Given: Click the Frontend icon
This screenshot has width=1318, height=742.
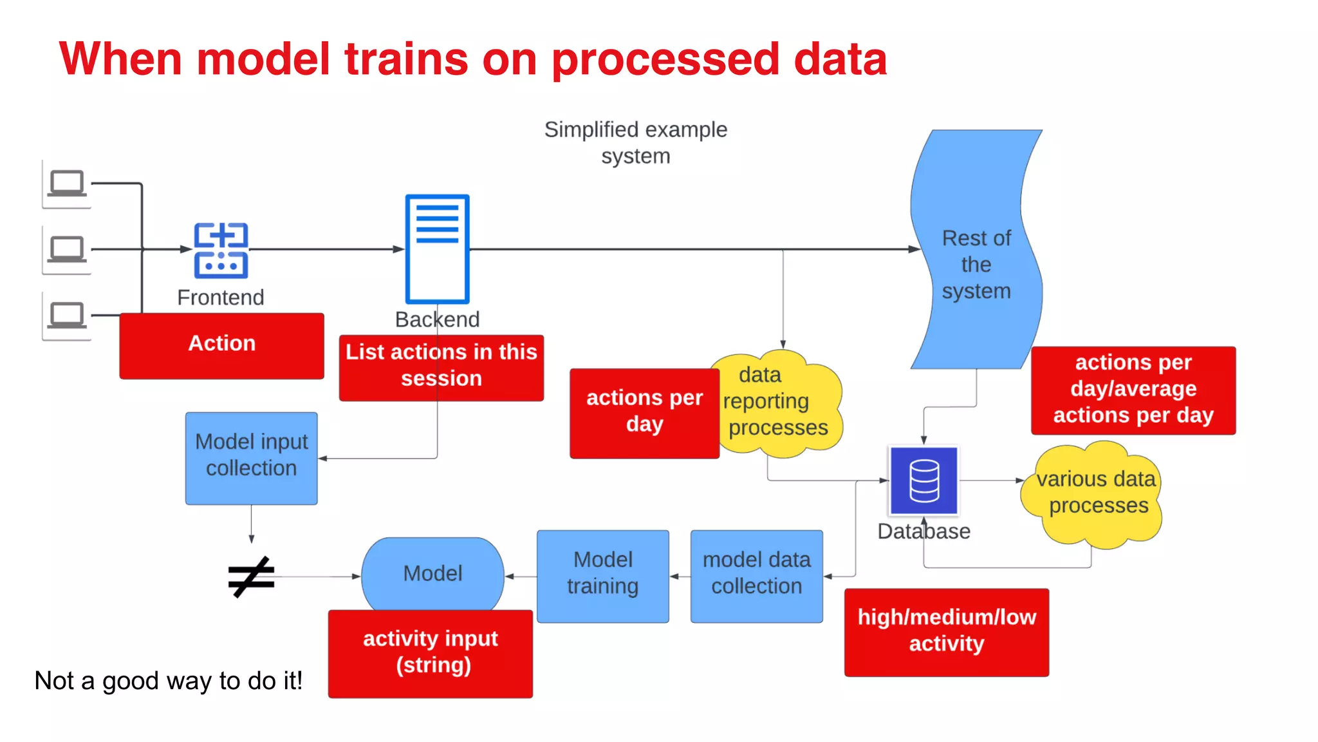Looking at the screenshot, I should [x=221, y=250].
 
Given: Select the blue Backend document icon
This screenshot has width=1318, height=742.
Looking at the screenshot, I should [x=437, y=249].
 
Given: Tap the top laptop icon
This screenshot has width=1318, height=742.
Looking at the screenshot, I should [x=67, y=184].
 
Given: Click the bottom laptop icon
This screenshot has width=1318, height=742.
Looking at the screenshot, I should [x=67, y=316].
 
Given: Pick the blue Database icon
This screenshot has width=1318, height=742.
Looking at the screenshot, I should [x=924, y=480].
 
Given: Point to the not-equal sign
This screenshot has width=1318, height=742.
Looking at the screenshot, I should [x=251, y=576].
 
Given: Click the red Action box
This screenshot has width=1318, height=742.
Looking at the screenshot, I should [x=221, y=346].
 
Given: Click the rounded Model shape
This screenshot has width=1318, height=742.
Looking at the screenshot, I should [x=432, y=573].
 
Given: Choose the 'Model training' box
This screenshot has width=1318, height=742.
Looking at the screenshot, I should [x=602, y=576].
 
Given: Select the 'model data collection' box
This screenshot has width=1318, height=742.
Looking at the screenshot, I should [x=756, y=576].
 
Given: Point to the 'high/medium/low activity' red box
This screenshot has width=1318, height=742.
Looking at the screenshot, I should [x=946, y=632].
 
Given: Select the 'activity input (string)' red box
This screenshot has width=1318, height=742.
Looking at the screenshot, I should [x=430, y=653].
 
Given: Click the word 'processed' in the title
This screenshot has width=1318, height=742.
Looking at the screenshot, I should [x=665, y=59].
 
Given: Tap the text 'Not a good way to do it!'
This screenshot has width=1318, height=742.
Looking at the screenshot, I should [x=168, y=681].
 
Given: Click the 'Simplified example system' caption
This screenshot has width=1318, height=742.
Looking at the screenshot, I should [x=635, y=142].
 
